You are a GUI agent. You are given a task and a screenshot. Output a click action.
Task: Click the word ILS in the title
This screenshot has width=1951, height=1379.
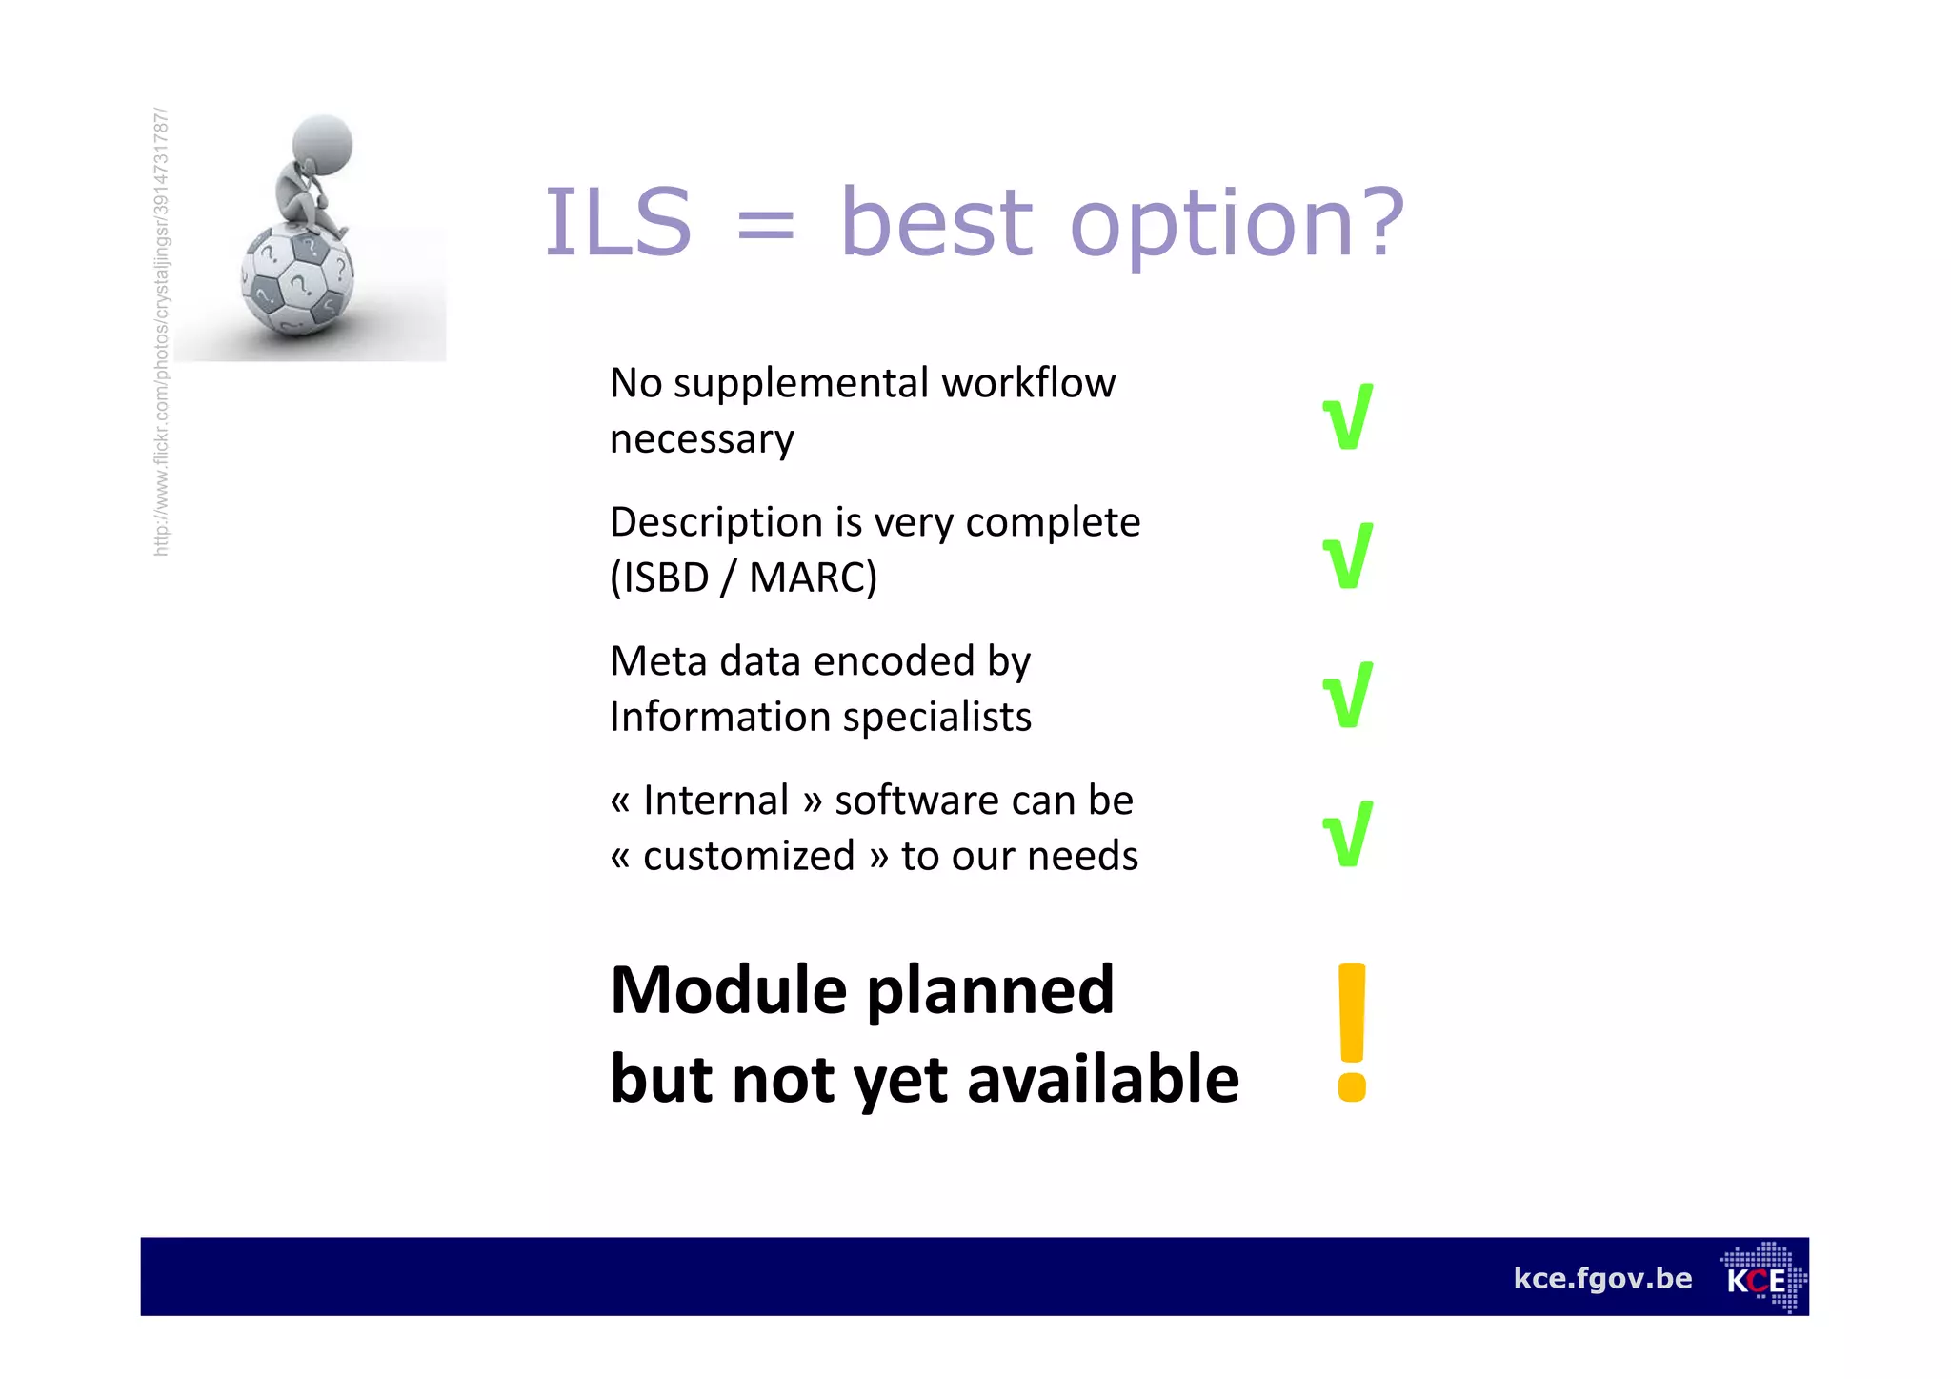click(617, 223)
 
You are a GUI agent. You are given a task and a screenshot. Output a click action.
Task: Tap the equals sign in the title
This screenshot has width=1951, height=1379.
click(765, 227)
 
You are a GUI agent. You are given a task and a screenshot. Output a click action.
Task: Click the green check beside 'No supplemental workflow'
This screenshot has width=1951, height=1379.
click(1348, 416)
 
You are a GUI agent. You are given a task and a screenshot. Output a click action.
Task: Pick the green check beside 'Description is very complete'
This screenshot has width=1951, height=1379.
click(1348, 556)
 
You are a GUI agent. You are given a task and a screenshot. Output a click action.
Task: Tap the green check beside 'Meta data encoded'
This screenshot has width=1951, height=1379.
click(1348, 695)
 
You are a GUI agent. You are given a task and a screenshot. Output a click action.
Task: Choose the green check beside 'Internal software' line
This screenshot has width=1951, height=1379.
click(1348, 834)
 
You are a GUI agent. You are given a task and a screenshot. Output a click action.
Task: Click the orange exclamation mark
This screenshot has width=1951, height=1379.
click(1351, 1032)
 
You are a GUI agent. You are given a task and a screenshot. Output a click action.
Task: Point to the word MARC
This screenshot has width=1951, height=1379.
click(813, 578)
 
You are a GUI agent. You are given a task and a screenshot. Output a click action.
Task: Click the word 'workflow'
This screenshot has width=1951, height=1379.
click(1028, 383)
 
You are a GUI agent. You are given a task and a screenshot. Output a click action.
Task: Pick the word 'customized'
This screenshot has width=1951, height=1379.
click(749, 856)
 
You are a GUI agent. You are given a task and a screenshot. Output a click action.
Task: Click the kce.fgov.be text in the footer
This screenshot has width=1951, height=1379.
click(1602, 1278)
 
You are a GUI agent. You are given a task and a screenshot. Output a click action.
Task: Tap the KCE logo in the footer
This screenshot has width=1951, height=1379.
click(1762, 1278)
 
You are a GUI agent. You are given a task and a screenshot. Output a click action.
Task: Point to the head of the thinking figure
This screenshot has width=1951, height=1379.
click(322, 143)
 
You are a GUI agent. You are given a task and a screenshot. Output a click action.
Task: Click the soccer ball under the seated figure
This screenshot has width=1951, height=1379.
click(297, 280)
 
